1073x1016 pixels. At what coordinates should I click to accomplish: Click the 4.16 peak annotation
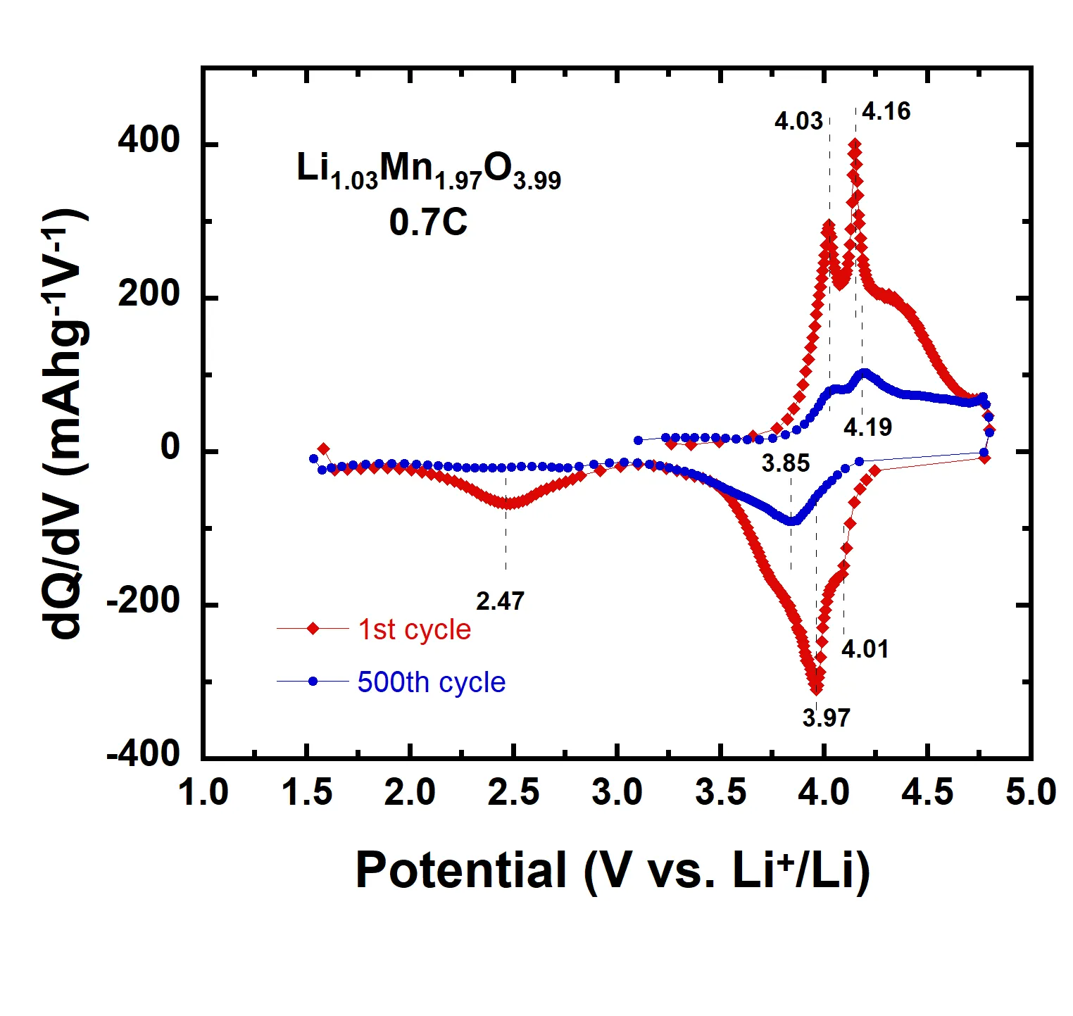(x=886, y=111)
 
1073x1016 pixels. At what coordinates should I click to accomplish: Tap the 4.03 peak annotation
(x=798, y=121)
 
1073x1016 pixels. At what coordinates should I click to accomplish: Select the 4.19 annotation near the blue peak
(x=867, y=427)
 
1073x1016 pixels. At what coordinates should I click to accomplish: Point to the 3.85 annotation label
(x=786, y=463)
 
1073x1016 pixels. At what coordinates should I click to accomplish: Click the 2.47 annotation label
(x=500, y=601)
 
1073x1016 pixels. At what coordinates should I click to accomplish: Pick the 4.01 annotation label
(x=865, y=648)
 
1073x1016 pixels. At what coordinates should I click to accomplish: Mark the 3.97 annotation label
(x=827, y=717)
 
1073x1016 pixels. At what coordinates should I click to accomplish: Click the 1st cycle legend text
(x=414, y=629)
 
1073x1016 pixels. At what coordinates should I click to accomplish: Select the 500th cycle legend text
(x=431, y=682)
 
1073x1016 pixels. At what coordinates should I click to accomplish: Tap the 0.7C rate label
(x=428, y=222)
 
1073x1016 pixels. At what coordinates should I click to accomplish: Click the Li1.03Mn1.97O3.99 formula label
(x=428, y=171)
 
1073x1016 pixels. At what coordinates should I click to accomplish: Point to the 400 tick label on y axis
(x=149, y=141)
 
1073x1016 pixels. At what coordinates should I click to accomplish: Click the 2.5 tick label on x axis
(x=513, y=793)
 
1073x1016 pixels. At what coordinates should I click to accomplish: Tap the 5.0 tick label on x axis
(x=1030, y=793)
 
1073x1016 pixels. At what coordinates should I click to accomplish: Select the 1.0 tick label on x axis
(x=203, y=793)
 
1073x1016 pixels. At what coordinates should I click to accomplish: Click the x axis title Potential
(x=613, y=870)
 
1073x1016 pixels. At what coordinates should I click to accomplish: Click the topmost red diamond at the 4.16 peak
(x=855, y=144)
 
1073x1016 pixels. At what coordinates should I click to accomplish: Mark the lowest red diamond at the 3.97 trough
(x=816, y=688)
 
